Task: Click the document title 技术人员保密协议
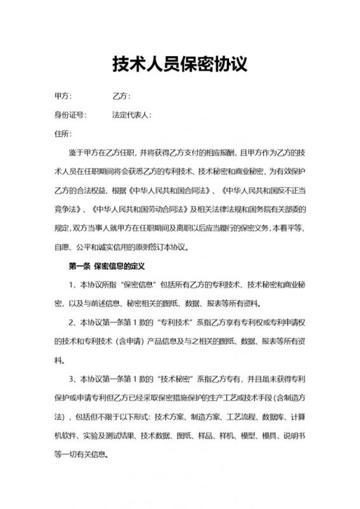[x=179, y=64]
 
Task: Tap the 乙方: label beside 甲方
[x=121, y=97]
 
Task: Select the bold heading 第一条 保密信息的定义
[x=106, y=264]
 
